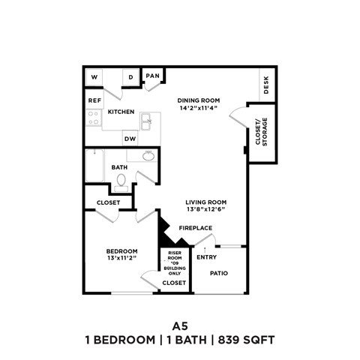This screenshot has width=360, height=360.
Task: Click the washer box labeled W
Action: click(x=95, y=77)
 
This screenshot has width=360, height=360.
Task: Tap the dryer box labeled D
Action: click(x=130, y=77)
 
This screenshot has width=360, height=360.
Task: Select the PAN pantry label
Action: click(x=153, y=76)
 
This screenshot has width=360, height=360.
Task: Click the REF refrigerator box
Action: click(x=94, y=100)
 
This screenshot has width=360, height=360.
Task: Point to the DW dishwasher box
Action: click(x=130, y=139)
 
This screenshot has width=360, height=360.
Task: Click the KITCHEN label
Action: click(x=121, y=112)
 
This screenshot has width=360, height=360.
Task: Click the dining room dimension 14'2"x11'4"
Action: click(x=197, y=108)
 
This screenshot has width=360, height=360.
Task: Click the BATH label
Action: click(x=119, y=167)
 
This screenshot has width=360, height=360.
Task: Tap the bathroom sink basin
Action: click(x=148, y=156)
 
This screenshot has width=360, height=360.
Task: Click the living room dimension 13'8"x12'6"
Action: click(x=206, y=211)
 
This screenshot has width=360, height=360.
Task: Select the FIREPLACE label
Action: click(x=195, y=228)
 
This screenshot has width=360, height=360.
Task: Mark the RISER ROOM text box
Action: click(x=174, y=263)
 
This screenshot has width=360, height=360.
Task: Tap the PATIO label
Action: click(x=219, y=273)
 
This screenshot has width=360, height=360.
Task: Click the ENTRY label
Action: click(x=206, y=257)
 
